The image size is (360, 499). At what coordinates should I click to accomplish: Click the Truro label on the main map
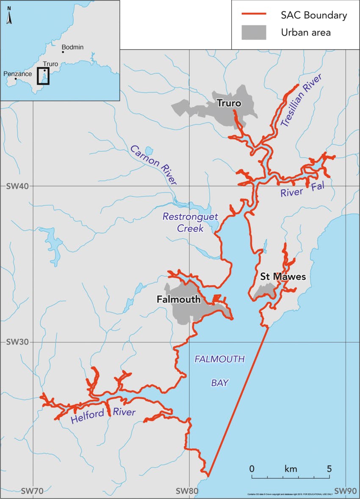229,103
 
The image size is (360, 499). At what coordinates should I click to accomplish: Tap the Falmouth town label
178,300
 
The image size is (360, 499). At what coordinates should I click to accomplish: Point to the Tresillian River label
301,100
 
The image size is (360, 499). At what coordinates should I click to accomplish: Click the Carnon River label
153,165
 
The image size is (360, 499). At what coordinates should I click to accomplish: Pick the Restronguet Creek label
191,223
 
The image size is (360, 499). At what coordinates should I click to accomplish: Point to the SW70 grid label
32,491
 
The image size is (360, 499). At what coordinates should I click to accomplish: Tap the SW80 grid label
187,491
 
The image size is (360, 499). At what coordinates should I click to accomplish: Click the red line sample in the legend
254,15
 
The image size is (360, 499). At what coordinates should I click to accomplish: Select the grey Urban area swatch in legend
254,33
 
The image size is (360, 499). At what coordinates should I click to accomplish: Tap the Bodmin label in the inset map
72,47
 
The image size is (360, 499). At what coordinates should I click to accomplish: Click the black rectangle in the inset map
43,76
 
